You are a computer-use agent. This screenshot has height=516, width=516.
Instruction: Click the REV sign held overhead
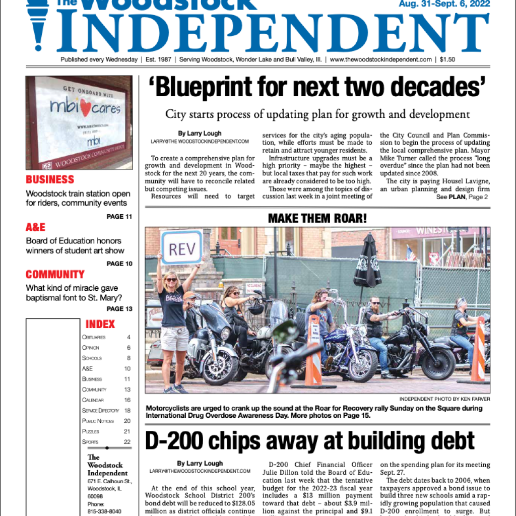[181, 248]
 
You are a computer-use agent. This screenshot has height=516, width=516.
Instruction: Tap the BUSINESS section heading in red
[50, 179]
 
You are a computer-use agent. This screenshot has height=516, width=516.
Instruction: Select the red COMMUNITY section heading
[55, 275]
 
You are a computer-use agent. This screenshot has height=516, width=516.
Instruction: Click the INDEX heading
[100, 324]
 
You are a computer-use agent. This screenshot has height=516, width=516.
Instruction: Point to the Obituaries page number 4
[128, 337]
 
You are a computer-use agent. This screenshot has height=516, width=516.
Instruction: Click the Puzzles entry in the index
[91, 431]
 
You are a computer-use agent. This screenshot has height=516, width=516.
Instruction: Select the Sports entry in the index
[91, 442]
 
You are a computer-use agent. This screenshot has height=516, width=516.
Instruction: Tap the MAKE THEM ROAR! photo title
[317, 218]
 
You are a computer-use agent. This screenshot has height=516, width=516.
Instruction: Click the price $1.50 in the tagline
[447, 59]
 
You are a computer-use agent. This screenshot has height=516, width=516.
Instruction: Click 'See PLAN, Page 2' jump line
[462, 197]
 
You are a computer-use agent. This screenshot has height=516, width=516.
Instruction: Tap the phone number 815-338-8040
[104, 511]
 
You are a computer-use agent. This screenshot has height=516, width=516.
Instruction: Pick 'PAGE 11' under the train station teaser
[119, 217]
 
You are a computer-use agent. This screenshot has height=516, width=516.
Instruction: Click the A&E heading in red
[35, 227]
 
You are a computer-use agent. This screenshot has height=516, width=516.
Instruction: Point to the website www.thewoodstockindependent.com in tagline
[380, 59]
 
